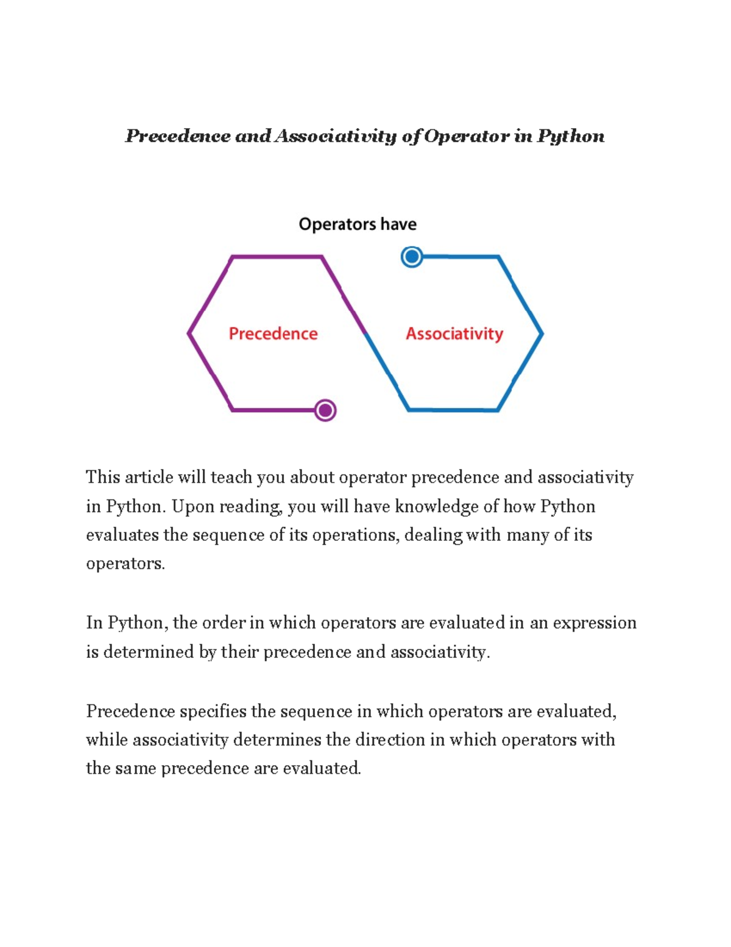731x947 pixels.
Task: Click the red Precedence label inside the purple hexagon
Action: click(273, 334)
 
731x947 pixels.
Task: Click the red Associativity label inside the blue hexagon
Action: click(454, 334)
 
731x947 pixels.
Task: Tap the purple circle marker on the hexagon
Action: click(325, 410)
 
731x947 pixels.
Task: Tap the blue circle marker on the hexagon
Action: click(412, 257)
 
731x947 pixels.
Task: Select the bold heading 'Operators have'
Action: click(358, 224)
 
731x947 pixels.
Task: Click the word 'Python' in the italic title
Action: click(571, 136)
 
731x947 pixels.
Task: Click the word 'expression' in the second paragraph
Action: click(594, 623)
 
